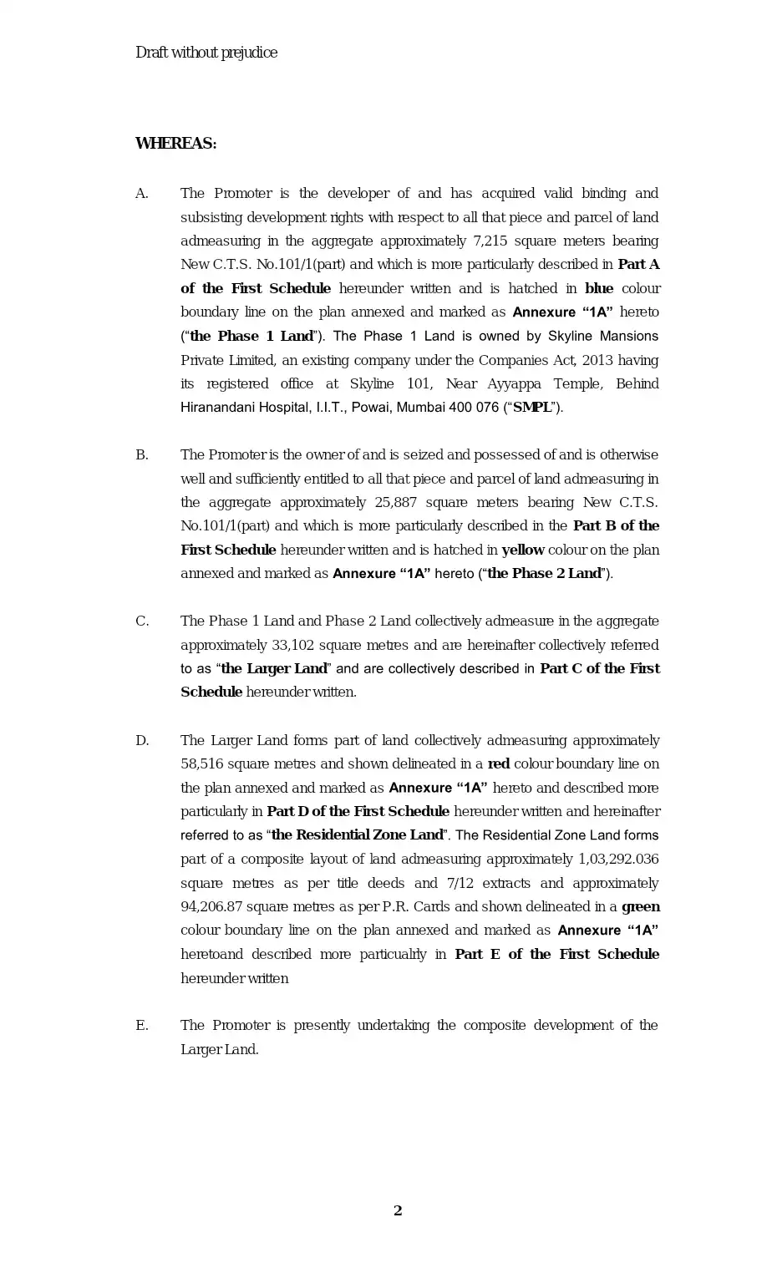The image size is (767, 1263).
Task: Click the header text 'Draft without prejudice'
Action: click(x=206, y=53)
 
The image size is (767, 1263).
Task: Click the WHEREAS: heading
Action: click(x=175, y=144)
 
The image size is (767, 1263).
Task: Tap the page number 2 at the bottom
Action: click(x=398, y=1210)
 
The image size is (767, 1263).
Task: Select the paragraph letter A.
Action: click(x=142, y=194)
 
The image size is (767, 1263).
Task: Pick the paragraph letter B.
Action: click(x=142, y=455)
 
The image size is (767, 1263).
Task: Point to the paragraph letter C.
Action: click(x=142, y=621)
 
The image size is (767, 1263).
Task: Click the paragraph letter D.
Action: click(x=142, y=741)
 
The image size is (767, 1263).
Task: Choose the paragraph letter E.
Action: click(x=142, y=1026)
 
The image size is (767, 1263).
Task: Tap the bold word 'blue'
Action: click(x=599, y=289)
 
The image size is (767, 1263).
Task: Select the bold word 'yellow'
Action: click(x=522, y=550)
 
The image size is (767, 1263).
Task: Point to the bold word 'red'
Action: click(x=499, y=764)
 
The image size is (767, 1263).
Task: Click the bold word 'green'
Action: click(x=641, y=907)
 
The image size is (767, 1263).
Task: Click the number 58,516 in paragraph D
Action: click(x=201, y=764)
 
